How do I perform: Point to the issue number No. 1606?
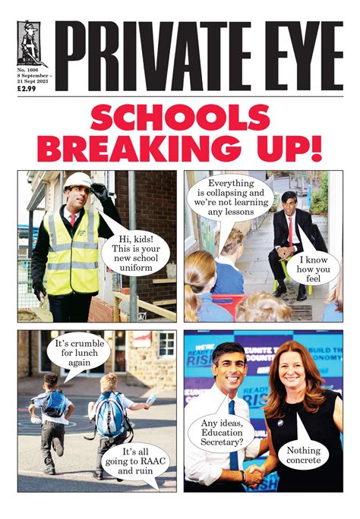[28, 70]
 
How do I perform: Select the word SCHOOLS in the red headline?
[180, 121]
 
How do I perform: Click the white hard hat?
[76, 181]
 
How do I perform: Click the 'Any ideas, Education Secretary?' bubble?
[216, 433]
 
